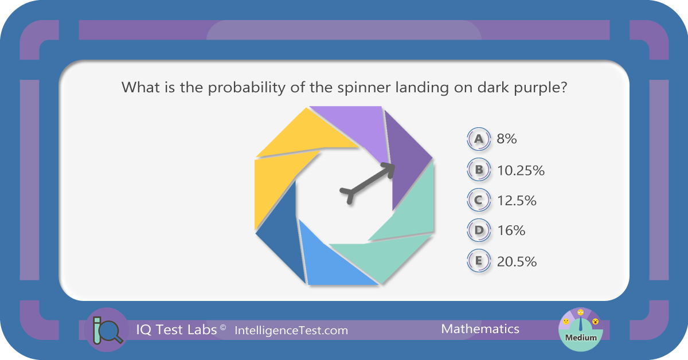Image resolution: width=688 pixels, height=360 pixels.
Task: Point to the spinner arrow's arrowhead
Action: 389,170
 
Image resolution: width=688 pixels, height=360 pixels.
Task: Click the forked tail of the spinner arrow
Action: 349,194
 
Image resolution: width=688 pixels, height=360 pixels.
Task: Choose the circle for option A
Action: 479,139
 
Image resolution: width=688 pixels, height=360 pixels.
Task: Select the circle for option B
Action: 479,169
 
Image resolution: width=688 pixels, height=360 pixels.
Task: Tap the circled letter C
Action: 479,199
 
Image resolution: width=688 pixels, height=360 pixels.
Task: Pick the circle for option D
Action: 479,230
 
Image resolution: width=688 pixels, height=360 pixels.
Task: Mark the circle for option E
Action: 479,260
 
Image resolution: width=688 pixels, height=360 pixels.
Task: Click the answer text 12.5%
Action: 517,201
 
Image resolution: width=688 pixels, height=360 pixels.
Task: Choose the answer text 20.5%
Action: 517,262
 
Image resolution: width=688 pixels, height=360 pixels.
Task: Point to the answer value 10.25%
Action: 521,170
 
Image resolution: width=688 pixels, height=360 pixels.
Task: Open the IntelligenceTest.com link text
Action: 291,331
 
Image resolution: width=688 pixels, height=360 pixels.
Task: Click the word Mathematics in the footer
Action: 480,329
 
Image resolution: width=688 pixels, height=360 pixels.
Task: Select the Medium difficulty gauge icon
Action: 580,330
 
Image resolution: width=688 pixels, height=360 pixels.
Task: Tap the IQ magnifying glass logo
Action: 107,330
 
